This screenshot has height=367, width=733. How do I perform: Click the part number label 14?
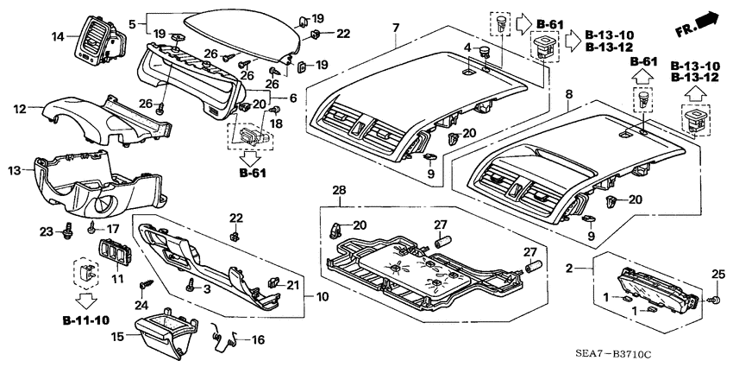[59, 36]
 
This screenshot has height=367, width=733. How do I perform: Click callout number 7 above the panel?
[395, 29]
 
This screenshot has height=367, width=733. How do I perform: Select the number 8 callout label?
[567, 92]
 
